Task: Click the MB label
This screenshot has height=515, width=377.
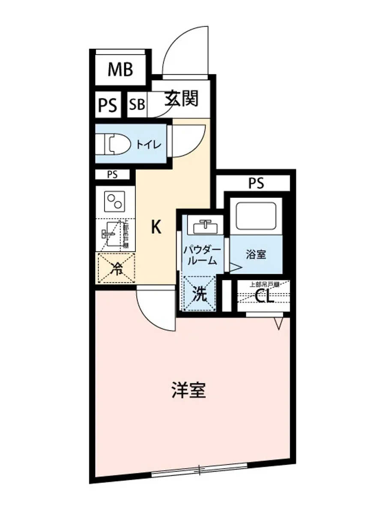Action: click(120, 70)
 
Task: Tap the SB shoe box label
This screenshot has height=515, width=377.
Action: click(137, 105)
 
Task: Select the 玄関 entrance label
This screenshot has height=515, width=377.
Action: click(182, 99)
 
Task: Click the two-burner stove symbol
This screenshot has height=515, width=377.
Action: click(115, 201)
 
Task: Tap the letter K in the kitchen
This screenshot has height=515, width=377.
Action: click(156, 227)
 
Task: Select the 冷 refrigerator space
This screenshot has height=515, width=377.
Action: click(116, 269)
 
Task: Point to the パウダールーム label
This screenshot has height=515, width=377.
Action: click(202, 255)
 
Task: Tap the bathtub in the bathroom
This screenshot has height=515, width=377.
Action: click(255, 216)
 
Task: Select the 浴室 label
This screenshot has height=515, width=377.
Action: click(256, 254)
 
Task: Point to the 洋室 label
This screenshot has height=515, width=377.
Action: click(189, 390)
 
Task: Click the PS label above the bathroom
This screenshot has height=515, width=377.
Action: click(256, 184)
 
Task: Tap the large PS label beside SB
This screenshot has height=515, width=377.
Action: click(108, 106)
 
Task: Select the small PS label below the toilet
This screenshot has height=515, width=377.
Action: click(112, 175)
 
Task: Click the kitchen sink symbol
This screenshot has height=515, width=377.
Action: click(110, 234)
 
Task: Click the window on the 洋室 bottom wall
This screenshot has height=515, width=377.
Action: click(200, 470)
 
